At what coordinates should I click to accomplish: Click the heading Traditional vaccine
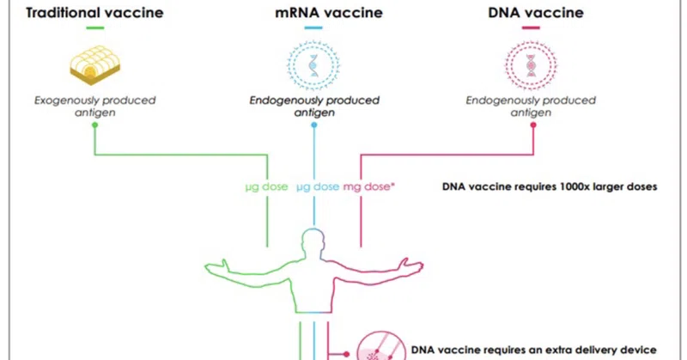tap(94, 13)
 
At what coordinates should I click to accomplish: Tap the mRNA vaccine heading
tap(329, 13)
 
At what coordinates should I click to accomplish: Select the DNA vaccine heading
tap(535, 13)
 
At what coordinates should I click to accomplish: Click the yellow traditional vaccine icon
tap(95, 65)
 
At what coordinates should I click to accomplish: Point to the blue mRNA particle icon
tap(313, 65)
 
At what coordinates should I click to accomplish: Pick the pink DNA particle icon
tap(531, 65)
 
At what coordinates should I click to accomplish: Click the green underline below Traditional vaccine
tap(95, 28)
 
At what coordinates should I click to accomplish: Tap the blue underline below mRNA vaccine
tap(313, 28)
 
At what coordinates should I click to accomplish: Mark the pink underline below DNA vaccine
tap(531, 28)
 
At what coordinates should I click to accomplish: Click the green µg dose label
tap(266, 186)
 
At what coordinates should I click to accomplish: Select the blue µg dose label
tap(318, 186)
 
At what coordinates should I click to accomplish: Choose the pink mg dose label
tap(368, 186)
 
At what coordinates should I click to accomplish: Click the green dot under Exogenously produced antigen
tap(94, 125)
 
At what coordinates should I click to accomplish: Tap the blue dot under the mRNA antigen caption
tap(313, 125)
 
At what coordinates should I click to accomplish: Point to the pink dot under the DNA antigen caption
tap(533, 125)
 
